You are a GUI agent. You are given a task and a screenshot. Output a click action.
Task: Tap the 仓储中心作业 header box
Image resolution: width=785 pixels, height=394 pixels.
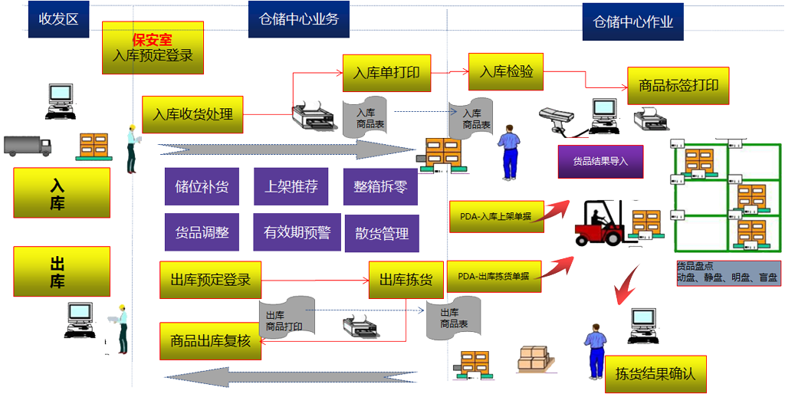(632, 21)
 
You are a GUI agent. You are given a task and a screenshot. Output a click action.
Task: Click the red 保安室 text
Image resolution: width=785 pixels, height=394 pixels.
(152, 39)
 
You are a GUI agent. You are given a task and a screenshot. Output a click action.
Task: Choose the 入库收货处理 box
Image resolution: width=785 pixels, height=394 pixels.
(192, 115)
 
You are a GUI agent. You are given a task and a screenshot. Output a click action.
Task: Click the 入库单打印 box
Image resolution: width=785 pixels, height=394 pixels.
(386, 74)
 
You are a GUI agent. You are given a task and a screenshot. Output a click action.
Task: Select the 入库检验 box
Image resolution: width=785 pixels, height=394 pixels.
(506, 72)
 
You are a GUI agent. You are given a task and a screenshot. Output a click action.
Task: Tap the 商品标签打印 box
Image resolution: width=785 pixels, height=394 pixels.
(678, 86)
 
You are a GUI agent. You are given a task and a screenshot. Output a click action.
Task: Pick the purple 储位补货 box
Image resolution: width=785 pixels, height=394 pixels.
(202, 186)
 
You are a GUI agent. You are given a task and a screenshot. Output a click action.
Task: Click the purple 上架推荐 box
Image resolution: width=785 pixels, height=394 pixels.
(291, 186)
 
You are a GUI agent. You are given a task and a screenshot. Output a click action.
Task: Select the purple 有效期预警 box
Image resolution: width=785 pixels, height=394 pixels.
(297, 232)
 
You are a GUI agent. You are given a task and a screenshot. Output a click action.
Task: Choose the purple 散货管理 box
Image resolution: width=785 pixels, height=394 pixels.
(381, 234)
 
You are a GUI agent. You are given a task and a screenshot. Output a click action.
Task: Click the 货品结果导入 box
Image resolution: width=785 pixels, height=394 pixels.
(599, 162)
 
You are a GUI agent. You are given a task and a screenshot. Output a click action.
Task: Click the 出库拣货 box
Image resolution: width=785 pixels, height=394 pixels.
(406, 280)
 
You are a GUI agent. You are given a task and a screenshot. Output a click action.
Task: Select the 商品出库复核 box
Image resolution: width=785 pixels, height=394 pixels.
(210, 341)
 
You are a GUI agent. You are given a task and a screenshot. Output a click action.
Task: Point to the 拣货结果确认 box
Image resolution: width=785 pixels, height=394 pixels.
(655, 374)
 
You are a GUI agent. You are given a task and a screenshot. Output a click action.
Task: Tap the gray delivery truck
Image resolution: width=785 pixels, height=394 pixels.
(27, 146)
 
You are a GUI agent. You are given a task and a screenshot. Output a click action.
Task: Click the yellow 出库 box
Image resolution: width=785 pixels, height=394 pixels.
(61, 271)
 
